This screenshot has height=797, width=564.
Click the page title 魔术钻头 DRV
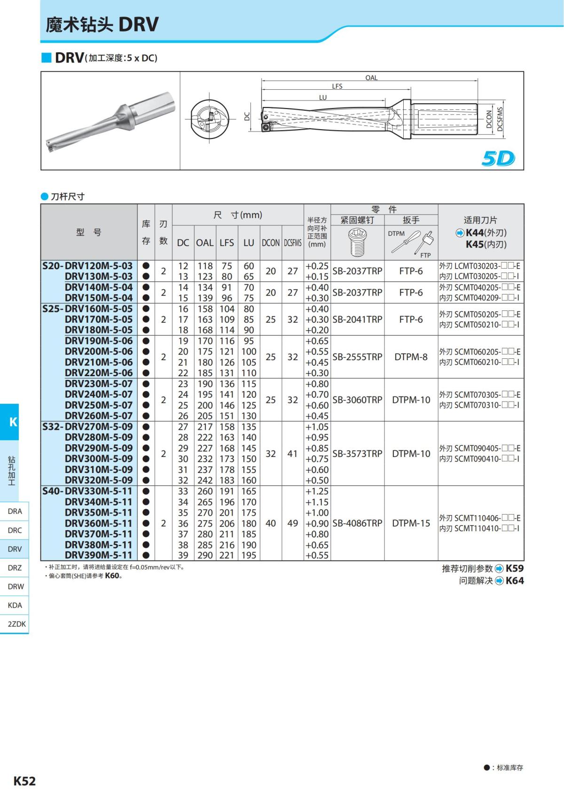point(102,24)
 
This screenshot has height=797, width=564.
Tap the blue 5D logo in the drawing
point(498,159)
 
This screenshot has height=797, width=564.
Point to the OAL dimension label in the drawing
point(371,78)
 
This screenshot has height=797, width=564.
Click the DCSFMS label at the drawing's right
point(500,119)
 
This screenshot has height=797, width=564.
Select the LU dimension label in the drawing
point(322,98)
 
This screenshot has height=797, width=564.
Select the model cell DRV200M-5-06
point(99,351)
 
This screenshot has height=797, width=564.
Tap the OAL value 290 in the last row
point(205,555)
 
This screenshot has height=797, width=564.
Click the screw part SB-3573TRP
point(357,454)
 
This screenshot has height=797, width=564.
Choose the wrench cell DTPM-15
point(411,523)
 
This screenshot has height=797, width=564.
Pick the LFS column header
point(227,243)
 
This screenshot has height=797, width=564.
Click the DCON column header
point(271,243)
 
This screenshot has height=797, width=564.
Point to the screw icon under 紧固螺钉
point(357,242)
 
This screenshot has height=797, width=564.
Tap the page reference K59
point(515,568)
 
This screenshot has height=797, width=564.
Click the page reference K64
point(515,580)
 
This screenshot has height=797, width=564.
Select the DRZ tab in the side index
point(15,568)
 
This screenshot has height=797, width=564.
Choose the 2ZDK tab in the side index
point(16,624)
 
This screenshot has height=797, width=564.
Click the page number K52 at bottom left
point(24,781)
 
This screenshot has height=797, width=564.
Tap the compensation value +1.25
point(317,491)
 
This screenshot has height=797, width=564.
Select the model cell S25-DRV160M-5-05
point(88,309)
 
